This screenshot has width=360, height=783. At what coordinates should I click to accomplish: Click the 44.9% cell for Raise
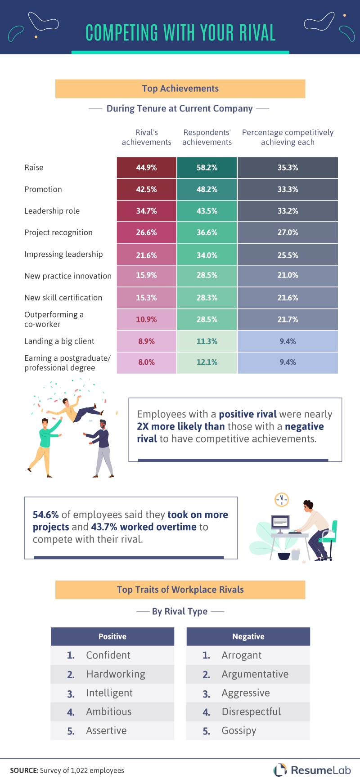146,168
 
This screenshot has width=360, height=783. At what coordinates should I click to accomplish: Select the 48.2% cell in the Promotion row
207,189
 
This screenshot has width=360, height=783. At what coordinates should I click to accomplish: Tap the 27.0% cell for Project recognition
288,233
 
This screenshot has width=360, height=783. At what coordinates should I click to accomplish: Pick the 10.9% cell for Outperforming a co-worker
146,319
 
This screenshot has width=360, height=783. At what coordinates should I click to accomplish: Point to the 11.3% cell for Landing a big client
207,341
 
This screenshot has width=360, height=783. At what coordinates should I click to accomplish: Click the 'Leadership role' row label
52,211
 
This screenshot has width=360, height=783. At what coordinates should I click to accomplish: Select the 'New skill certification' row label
63,298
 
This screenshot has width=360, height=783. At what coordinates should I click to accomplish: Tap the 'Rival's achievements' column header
146,137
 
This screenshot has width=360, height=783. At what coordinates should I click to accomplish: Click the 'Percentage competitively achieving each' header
288,137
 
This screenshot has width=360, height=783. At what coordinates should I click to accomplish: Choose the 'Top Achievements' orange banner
180,89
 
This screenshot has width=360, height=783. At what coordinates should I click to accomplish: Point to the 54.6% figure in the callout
46,515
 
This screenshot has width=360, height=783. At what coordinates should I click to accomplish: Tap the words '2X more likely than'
181,426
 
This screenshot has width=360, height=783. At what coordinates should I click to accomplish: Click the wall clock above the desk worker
282,499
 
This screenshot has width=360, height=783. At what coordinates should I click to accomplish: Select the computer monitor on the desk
280,523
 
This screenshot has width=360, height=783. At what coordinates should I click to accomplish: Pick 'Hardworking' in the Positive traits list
116,674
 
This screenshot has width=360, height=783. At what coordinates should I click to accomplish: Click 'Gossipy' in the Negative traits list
238,731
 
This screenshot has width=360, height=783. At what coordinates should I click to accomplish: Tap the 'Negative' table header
248,636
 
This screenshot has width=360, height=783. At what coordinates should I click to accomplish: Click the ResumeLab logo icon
280,770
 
